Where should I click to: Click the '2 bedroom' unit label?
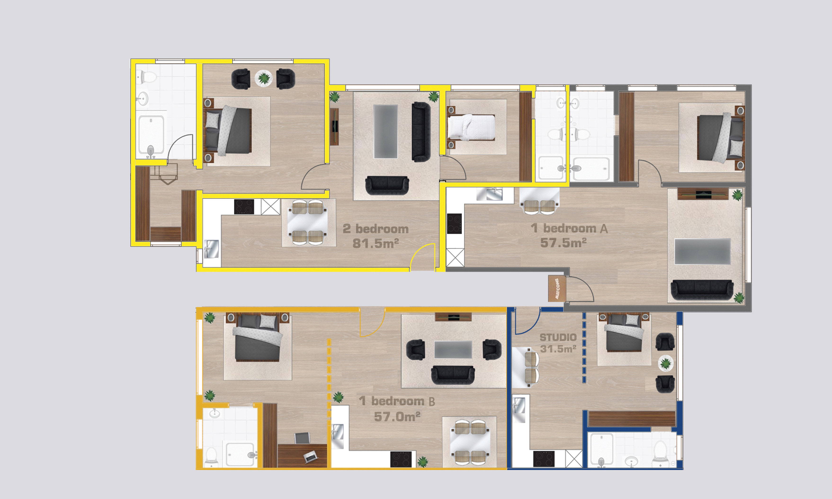(376, 229)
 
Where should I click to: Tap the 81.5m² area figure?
(376, 243)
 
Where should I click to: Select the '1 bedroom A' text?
(569, 228)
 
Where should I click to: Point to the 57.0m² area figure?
(397, 417)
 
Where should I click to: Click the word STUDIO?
(558, 337)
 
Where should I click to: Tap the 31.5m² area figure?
(558, 349)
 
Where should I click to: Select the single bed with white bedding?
(471, 127)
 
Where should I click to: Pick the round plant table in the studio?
(666, 363)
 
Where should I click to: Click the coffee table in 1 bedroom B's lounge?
(453, 349)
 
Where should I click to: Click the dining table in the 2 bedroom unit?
(308, 223)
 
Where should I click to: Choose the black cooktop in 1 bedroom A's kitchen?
(454, 224)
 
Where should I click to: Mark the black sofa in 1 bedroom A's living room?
(702, 290)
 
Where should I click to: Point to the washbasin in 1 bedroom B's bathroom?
(215, 413)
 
